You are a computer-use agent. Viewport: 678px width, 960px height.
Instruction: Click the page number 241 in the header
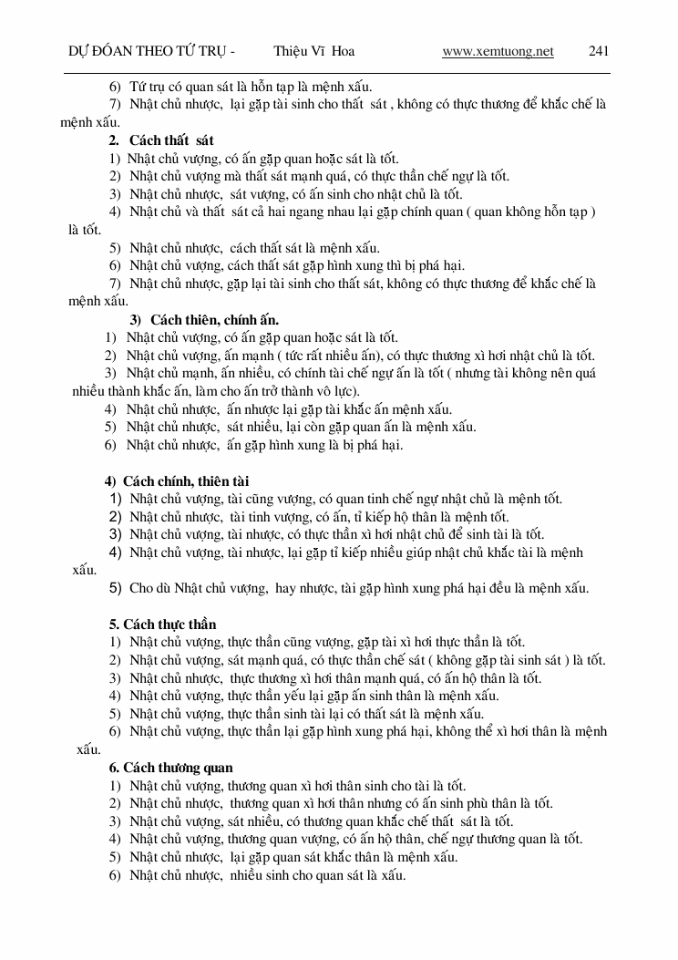coord(599,52)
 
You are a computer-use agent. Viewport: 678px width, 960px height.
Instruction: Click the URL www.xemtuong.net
coord(498,52)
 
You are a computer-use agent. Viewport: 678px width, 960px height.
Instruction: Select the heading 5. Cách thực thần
coord(162,625)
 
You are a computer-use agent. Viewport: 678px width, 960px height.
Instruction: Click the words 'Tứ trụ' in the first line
coord(147,87)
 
